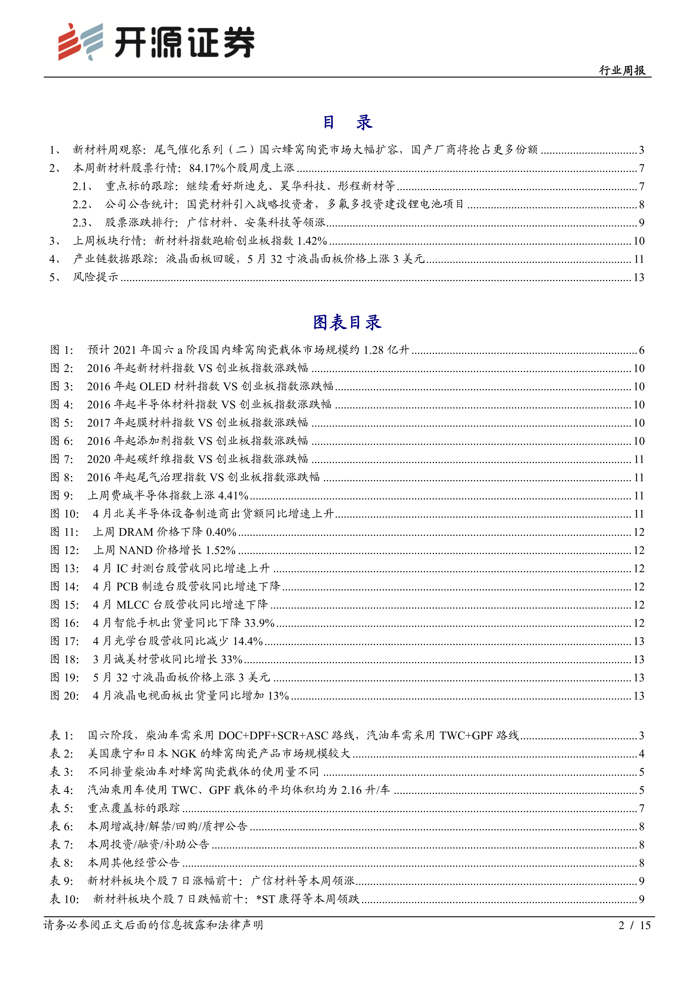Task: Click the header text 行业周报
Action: pos(622,70)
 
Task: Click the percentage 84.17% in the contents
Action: pos(207,168)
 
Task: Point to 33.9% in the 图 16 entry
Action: pos(259,623)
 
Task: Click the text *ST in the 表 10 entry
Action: pos(265,899)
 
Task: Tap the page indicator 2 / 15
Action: pos(634,925)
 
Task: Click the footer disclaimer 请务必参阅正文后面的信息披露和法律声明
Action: pos(153,925)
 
